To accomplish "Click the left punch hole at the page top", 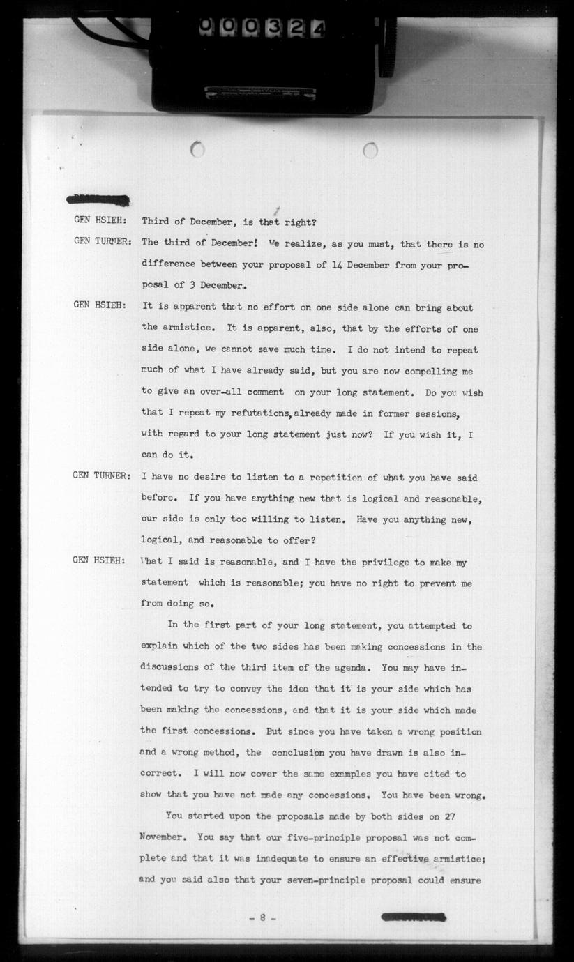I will pos(197,148).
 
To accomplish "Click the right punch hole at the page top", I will pos(370,150).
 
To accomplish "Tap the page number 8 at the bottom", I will pos(262,918).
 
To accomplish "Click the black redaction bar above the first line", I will pos(98,200).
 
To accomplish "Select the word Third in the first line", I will pos(156,222).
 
